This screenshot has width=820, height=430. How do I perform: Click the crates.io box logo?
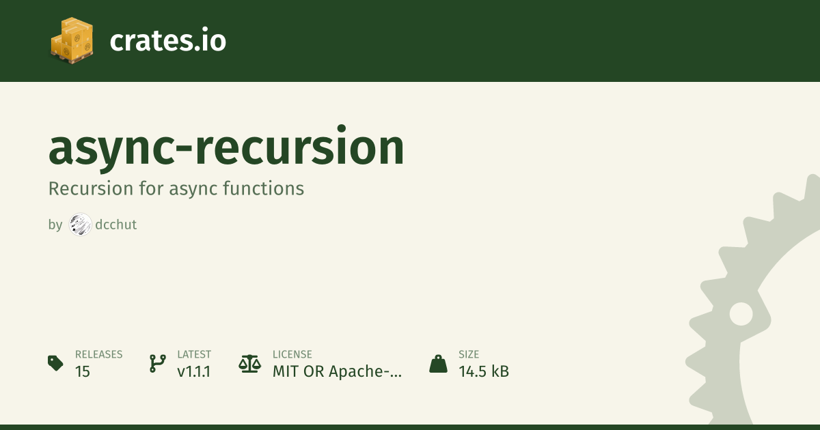[72, 40]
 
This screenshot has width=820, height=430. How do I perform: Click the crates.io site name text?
[167, 40]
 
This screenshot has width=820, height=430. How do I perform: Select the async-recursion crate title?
[226, 149]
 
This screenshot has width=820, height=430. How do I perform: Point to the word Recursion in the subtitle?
[91, 188]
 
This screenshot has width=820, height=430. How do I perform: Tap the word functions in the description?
[264, 188]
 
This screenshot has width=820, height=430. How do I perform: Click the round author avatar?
[81, 225]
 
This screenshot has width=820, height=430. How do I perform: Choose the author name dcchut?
[115, 225]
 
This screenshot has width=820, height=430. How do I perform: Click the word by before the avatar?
[55, 225]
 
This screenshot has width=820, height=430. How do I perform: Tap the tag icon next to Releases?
[55, 363]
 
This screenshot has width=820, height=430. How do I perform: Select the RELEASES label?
[99, 354]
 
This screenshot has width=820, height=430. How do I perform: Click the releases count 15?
[83, 371]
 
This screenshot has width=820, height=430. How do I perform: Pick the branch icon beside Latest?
[158, 363]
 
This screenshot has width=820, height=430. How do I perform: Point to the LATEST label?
[194, 354]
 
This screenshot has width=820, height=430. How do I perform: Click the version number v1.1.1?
[193, 371]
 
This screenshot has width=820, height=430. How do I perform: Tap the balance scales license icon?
[250, 363]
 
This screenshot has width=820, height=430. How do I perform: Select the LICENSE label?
[292, 354]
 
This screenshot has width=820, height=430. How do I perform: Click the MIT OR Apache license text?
[337, 371]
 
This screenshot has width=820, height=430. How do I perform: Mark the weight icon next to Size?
[438, 363]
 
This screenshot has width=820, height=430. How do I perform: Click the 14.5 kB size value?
[484, 371]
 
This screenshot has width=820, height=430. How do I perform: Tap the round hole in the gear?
[741, 314]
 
